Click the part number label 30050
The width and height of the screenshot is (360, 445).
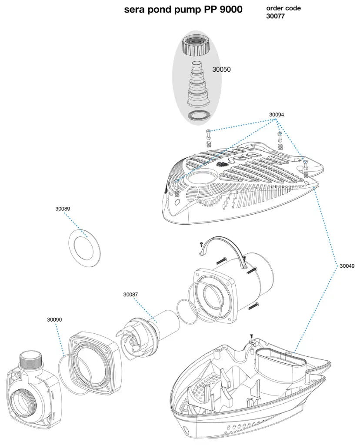[x=221, y=69]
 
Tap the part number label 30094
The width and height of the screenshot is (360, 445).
[x=277, y=115]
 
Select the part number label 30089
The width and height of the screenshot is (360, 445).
[x=63, y=209]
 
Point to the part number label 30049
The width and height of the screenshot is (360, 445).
[x=347, y=266]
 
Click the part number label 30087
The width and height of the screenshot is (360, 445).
[x=130, y=295]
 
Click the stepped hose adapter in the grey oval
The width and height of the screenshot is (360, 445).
[x=197, y=85]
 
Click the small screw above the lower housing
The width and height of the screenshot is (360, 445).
[x=251, y=335]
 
